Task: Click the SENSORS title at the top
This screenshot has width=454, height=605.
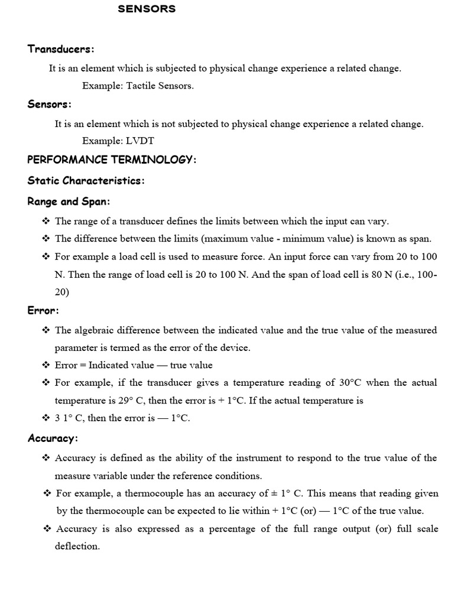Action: pyautogui.click(x=147, y=9)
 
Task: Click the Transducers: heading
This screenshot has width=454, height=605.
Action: pyautogui.click(x=61, y=49)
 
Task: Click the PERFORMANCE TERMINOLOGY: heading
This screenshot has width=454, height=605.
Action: pyautogui.click(x=112, y=160)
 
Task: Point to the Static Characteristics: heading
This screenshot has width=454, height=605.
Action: pyautogui.click(x=86, y=181)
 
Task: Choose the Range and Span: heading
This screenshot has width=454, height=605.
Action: pyautogui.click(x=69, y=201)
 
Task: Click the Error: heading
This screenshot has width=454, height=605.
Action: pyautogui.click(x=43, y=310)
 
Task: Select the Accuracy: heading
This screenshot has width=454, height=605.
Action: pyautogui.click(x=53, y=438)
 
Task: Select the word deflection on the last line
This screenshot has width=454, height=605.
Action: pyautogui.click(x=77, y=547)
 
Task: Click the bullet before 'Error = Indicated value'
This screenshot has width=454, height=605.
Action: pyautogui.click(x=46, y=365)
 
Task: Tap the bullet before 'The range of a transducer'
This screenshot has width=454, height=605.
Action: pyautogui.click(x=46, y=221)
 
